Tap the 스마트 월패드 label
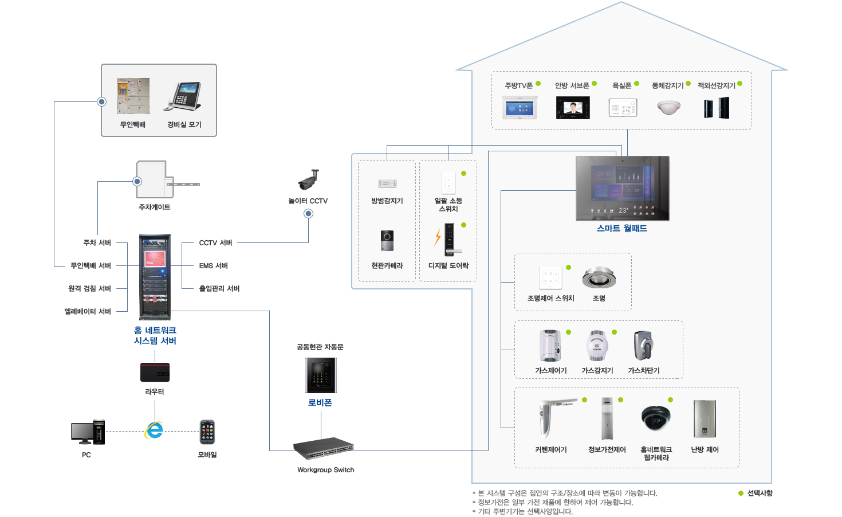tap(621, 228)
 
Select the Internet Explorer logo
tap(154, 430)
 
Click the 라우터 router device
tap(155, 372)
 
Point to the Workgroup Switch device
tap(323, 448)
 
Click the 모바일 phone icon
tap(207, 432)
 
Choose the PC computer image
tap(88, 432)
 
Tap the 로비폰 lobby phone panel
tap(321, 375)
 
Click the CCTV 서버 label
tap(215, 242)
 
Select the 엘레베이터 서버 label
tap(88, 311)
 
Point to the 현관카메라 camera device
tap(387, 240)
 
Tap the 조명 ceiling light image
tap(599, 277)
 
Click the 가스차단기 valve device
tap(644, 345)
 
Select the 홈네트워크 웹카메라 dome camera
tap(655, 418)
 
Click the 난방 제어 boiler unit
tap(705, 419)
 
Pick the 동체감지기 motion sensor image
tap(668, 107)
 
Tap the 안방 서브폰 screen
tap(573, 108)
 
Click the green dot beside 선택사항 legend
tap(741, 493)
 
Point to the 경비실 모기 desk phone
tap(184, 96)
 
